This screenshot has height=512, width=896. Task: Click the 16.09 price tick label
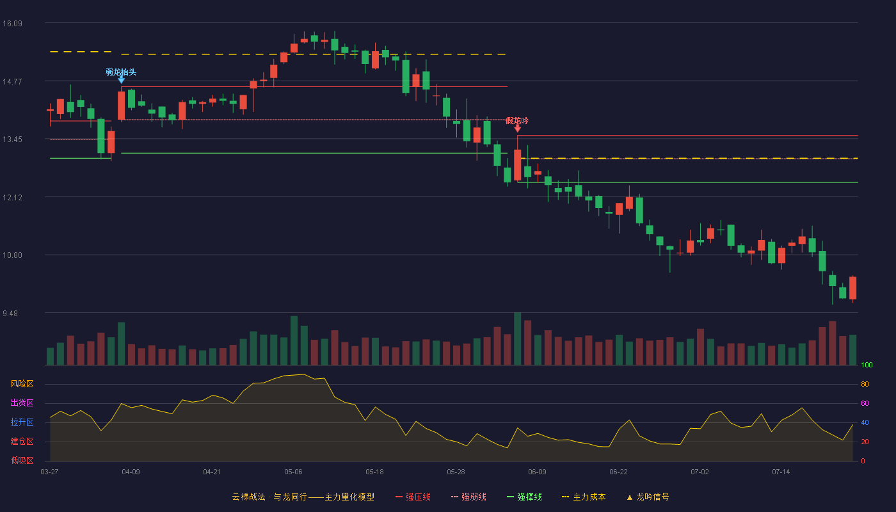(x=12, y=24)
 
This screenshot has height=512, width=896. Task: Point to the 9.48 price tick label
(x=10, y=313)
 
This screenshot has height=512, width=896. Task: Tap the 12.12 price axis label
(x=12, y=198)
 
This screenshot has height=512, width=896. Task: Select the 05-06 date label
(x=293, y=472)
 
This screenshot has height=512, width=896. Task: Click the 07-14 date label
(x=781, y=472)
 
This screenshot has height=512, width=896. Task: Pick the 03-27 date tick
(x=50, y=472)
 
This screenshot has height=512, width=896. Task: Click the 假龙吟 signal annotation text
(x=517, y=120)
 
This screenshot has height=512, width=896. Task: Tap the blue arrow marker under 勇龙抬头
(x=121, y=80)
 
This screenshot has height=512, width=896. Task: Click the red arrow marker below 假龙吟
(x=518, y=129)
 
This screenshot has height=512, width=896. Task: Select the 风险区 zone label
(x=22, y=384)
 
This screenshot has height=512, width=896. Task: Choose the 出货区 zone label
(x=22, y=403)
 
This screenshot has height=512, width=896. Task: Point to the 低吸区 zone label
(x=22, y=460)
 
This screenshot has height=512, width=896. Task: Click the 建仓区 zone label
(x=22, y=441)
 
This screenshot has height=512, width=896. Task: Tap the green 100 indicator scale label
(x=867, y=365)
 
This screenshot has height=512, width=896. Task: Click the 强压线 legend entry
(x=413, y=497)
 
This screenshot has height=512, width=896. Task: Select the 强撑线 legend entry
(x=524, y=497)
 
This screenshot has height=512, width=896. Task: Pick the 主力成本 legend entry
(x=584, y=497)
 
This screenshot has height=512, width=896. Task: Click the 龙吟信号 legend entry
(x=648, y=497)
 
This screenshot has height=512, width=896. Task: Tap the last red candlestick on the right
(x=852, y=288)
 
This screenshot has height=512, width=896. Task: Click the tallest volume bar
(x=518, y=339)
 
